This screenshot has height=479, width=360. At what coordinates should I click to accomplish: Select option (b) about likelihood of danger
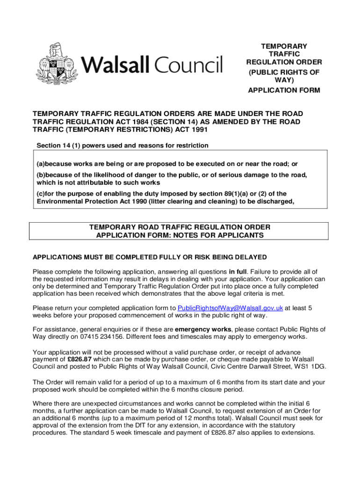coord(172,179)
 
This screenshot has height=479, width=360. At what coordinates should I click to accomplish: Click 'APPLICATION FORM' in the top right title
coord(283,90)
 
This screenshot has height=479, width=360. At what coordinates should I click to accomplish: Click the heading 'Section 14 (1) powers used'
coord(122,145)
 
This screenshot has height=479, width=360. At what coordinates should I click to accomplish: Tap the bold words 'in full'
coord(239,272)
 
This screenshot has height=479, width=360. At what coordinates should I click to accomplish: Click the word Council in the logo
coord(189,65)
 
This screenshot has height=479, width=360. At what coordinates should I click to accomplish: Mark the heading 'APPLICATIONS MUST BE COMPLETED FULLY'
coord(150,257)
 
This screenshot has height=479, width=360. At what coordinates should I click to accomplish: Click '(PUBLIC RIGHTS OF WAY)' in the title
coord(283,76)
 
